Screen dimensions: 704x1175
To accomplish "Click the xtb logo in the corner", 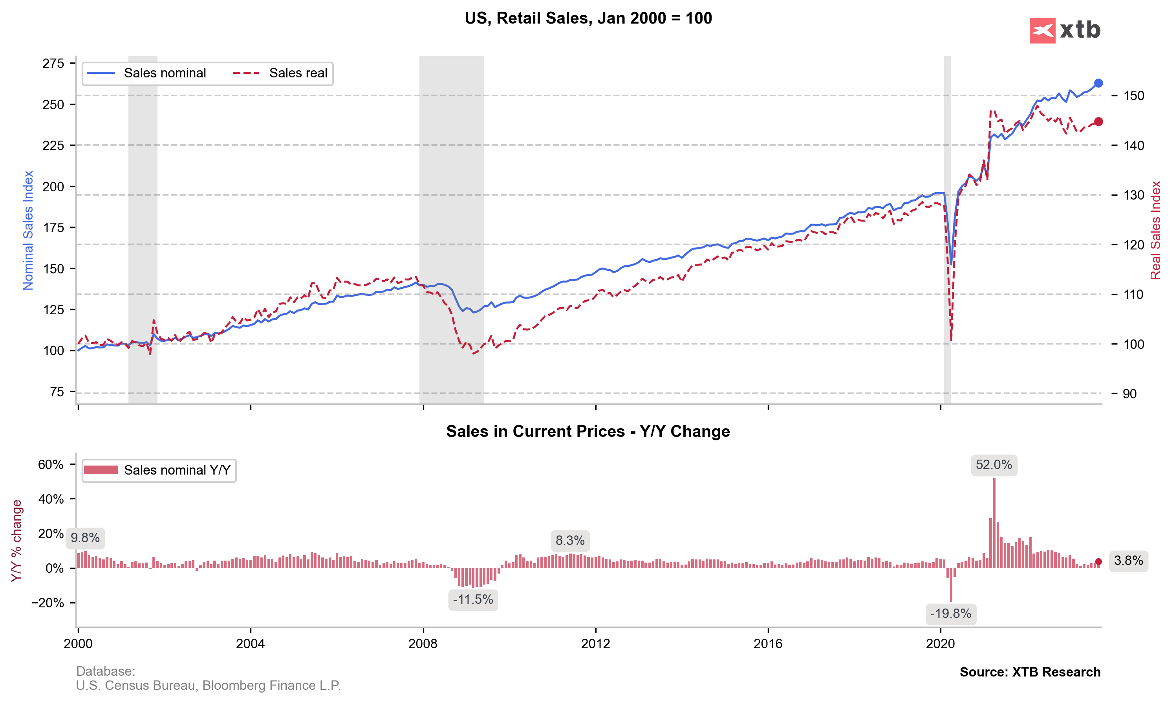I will tap(1065, 30).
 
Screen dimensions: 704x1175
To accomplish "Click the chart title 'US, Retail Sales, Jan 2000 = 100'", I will tap(588, 18).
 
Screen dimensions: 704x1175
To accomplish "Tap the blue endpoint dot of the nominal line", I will tap(1098, 83).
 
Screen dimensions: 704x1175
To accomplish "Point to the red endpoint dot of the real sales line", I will tap(1098, 122).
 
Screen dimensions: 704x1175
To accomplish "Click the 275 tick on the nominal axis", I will tap(53, 63).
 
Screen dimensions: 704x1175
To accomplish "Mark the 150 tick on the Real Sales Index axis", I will tap(1134, 96).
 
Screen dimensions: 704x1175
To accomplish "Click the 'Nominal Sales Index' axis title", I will tap(28, 230).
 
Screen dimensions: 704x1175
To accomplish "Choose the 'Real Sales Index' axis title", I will tap(1155, 230).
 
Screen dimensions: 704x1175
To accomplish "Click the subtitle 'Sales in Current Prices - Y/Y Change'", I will tap(588, 431).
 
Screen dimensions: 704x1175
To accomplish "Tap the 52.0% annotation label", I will tap(994, 465).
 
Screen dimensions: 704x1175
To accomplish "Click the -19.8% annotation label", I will tap(951, 614).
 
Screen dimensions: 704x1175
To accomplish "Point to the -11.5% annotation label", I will tap(473, 599).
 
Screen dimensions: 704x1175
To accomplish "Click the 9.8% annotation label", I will tap(85, 538).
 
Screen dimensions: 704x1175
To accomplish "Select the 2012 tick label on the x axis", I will tap(596, 644).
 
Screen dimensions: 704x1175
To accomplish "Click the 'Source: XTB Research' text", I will tap(1030, 672).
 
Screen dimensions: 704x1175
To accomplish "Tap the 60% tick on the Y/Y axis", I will tap(51, 464).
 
